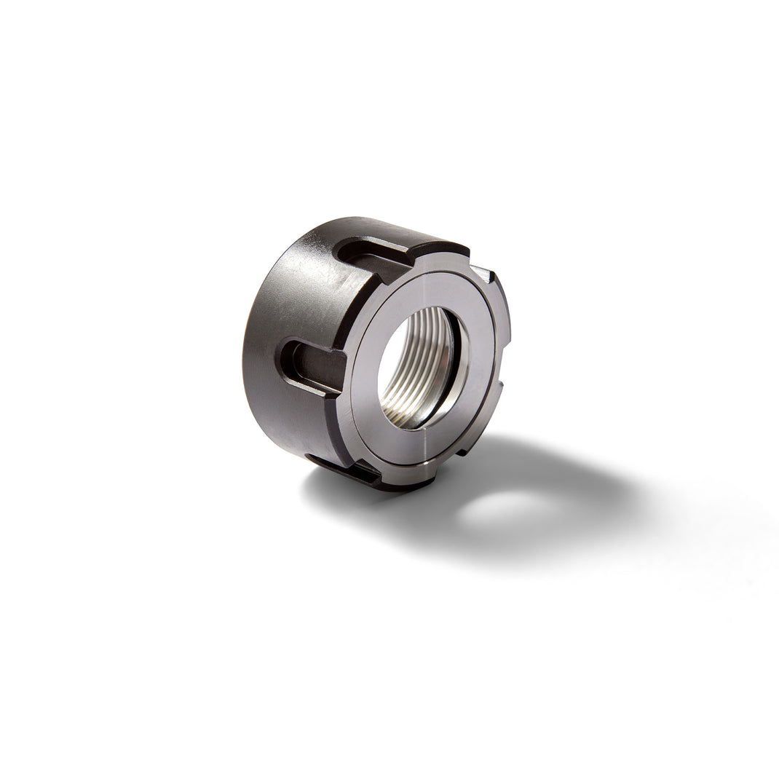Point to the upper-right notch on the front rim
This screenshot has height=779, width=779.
[481, 272]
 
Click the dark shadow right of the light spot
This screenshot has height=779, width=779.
[590, 502]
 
